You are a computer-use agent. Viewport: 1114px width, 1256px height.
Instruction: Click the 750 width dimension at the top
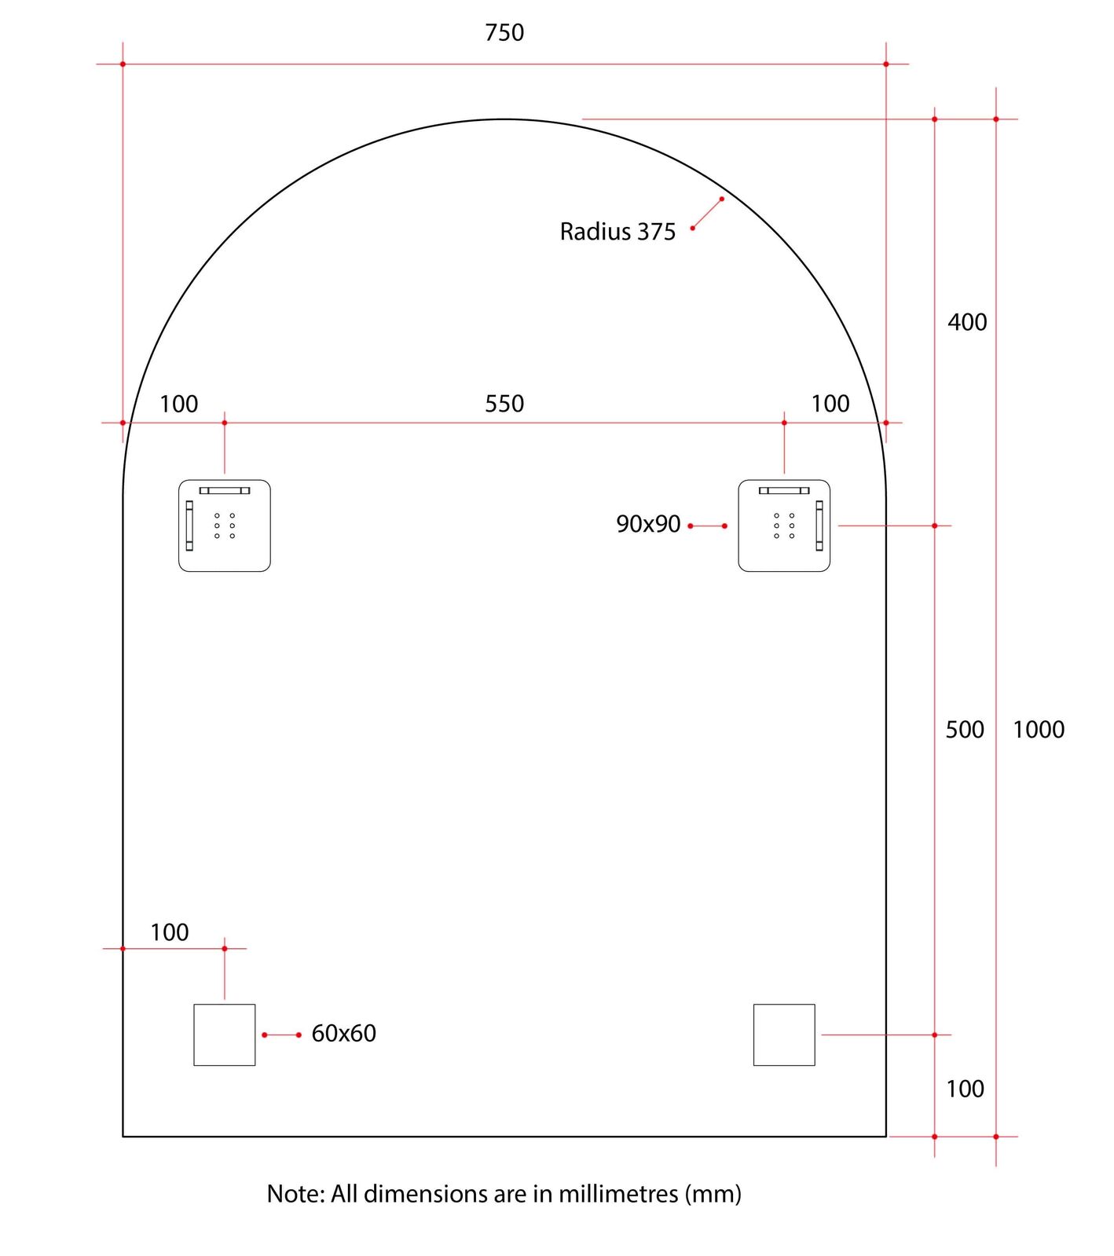pos(504,32)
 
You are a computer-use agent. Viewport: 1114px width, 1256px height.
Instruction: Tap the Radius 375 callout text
pos(617,232)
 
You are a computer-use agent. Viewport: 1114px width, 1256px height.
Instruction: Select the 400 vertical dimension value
pos(967,322)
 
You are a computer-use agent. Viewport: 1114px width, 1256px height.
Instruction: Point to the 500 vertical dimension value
pos(965,730)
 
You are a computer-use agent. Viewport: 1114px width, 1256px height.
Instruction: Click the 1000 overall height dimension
pos(1039,730)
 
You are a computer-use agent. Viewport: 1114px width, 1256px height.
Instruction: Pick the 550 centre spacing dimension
pos(504,404)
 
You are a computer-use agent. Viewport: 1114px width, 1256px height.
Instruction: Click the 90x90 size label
pos(648,524)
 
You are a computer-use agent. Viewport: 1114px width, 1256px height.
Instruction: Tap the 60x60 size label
pos(344,1033)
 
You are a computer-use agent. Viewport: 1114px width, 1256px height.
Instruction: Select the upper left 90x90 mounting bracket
pos(225,525)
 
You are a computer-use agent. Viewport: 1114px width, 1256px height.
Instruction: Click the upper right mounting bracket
pos(784,525)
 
